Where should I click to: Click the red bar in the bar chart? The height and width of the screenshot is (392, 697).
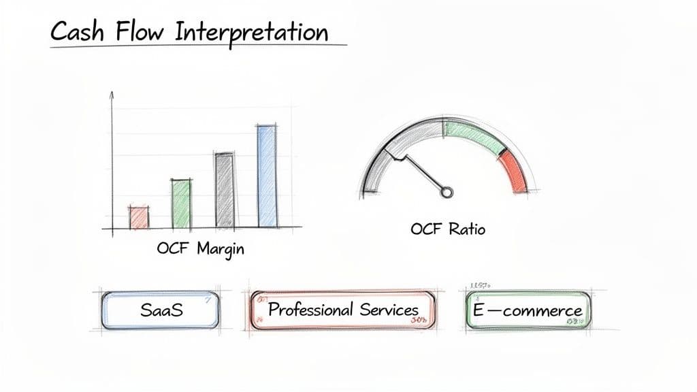tap(139, 217)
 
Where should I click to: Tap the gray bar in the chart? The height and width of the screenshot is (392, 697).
tap(224, 189)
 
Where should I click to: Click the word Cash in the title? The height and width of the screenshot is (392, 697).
tap(76, 32)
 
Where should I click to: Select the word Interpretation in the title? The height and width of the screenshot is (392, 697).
tap(252, 33)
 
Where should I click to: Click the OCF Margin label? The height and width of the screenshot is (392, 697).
tap(200, 248)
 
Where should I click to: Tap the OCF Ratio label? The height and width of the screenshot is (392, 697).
tap(448, 229)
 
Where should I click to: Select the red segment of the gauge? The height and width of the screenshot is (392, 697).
tap(515, 171)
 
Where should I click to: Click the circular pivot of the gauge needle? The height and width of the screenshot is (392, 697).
tap(446, 192)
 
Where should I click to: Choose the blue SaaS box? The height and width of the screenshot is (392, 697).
tap(161, 311)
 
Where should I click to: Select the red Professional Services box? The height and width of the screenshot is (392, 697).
tap(342, 311)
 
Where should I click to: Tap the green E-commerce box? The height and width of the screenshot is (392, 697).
tap(528, 311)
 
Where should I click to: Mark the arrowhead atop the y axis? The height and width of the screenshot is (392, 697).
tap(112, 95)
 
